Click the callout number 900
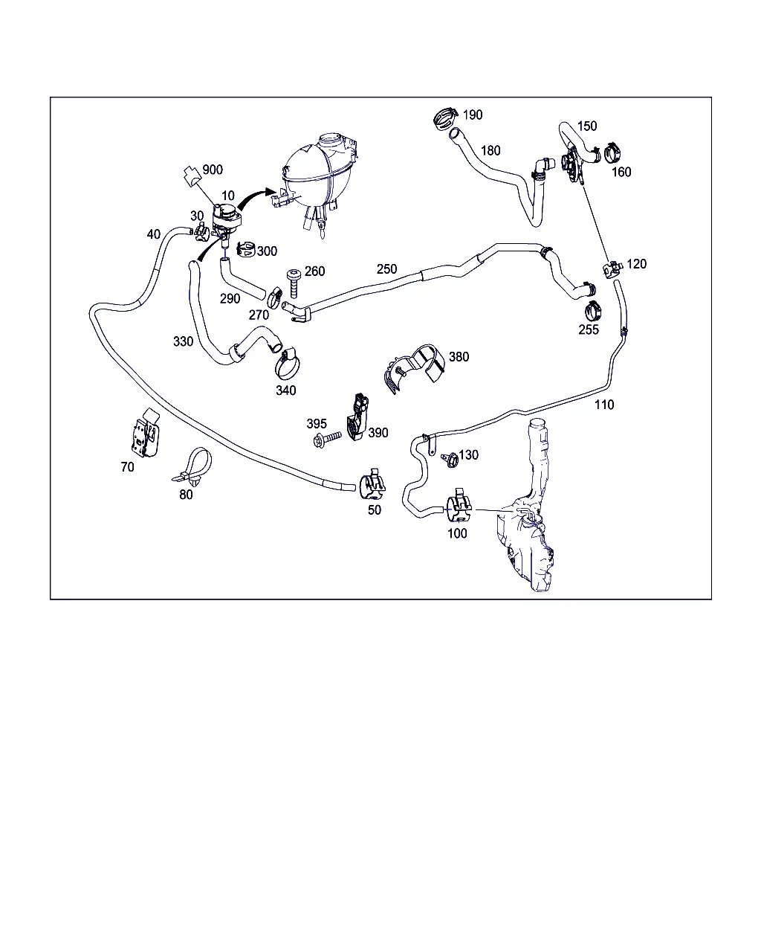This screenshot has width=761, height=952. click(x=213, y=170)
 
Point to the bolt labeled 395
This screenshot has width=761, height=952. click(x=326, y=439)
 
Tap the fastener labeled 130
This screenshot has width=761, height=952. click(x=450, y=460)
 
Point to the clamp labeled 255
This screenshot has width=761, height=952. click(x=592, y=312)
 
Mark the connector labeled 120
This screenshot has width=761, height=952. click(x=612, y=268)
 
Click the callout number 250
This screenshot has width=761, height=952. click(x=386, y=269)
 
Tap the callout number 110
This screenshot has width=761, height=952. click(x=604, y=405)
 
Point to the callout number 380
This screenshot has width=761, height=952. click(x=459, y=356)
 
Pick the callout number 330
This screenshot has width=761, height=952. click(x=183, y=341)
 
